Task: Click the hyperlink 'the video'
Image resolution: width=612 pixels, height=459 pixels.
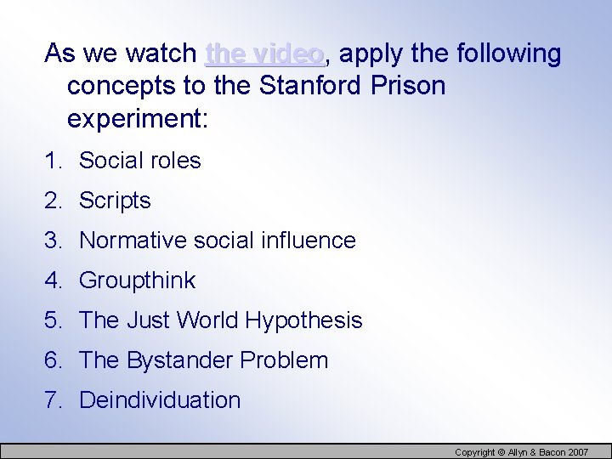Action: pyautogui.click(x=264, y=54)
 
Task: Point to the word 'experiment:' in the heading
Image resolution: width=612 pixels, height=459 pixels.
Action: pyautogui.click(x=137, y=119)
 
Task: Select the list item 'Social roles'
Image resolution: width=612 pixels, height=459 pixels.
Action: pyautogui.click(x=139, y=161)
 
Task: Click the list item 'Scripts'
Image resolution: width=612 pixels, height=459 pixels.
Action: pyautogui.click(x=115, y=201)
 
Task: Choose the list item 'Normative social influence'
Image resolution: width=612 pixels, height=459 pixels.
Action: pyautogui.click(x=217, y=241)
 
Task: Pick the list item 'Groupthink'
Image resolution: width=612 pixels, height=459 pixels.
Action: pyautogui.click(x=137, y=280)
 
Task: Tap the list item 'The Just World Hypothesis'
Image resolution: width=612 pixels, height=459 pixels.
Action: pyautogui.click(x=220, y=320)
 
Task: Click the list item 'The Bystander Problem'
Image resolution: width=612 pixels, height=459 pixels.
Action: pyautogui.click(x=203, y=360)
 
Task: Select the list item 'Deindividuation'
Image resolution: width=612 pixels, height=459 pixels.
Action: pyautogui.click(x=160, y=400)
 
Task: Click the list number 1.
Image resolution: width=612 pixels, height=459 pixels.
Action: pyautogui.click(x=51, y=161)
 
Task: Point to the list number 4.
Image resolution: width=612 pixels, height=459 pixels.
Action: pyautogui.click(x=51, y=280)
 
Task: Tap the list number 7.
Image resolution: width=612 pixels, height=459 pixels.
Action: pyautogui.click(x=51, y=400)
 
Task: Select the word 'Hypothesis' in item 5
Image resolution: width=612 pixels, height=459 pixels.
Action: pyautogui.click(x=303, y=320)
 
